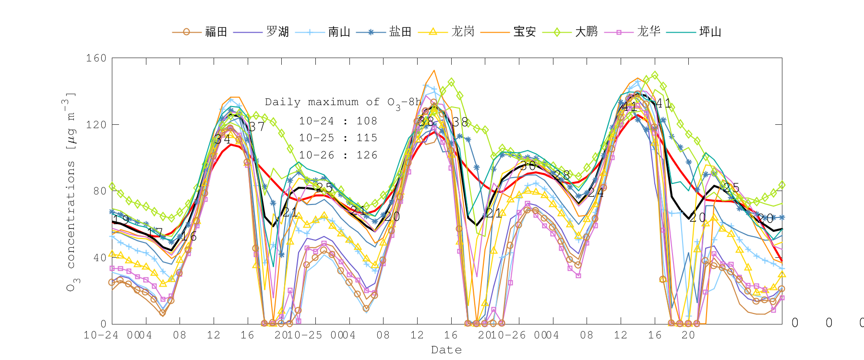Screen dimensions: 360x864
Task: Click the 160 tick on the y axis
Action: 96,58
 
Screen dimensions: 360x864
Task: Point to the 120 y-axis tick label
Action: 96,125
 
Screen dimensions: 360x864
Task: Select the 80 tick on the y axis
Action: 99,191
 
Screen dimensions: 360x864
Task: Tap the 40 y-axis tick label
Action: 99,258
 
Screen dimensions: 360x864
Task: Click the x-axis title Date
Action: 446,350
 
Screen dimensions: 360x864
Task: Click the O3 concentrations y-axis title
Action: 71,192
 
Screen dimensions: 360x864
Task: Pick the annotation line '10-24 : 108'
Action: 338,121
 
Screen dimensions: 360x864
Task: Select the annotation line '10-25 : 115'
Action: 338,138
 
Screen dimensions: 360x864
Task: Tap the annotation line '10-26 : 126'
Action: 338,155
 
